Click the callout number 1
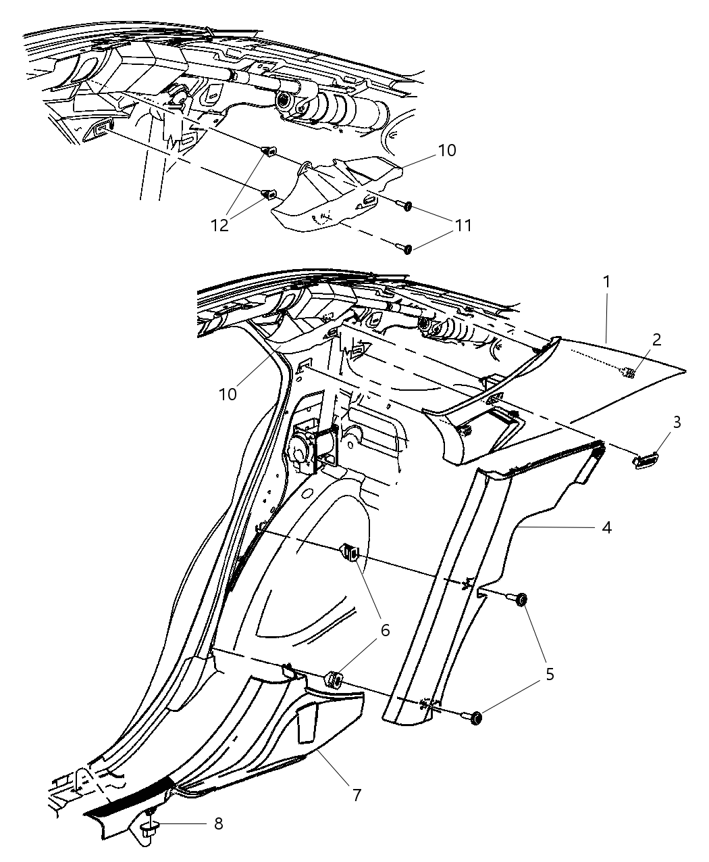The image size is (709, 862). pyautogui.click(x=606, y=281)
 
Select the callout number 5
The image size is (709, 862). pyautogui.click(x=550, y=675)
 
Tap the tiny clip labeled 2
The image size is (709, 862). pyautogui.click(x=628, y=372)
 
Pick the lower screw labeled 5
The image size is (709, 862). pyautogui.click(x=475, y=718)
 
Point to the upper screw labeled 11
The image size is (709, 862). pyautogui.click(x=407, y=206)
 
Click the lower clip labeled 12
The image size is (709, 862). pyautogui.click(x=267, y=196)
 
